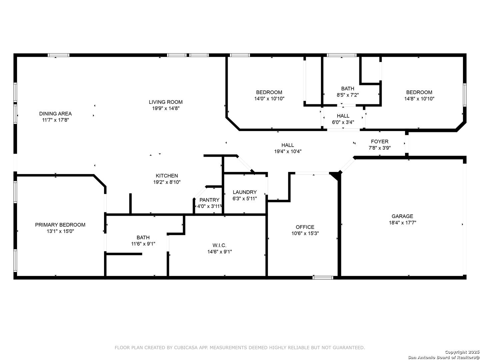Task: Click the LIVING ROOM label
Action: pyautogui.click(x=166, y=102)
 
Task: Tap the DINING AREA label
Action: pyautogui.click(x=55, y=113)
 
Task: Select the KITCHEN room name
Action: pyautogui.click(x=167, y=176)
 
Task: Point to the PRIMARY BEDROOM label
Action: pyautogui.click(x=60, y=225)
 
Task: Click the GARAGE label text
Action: pyautogui.click(x=402, y=216)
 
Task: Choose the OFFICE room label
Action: pyautogui.click(x=305, y=227)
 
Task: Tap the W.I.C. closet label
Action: pyautogui.click(x=219, y=245)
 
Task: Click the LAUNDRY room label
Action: pyautogui.click(x=244, y=192)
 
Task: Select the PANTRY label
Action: pyautogui.click(x=209, y=200)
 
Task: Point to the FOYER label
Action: pyautogui.click(x=380, y=141)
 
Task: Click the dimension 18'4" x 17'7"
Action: pyautogui.click(x=402, y=223)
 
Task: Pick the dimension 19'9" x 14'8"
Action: pyautogui.click(x=166, y=108)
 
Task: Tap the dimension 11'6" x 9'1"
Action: pyautogui.click(x=143, y=244)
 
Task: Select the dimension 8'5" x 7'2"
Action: pyautogui.click(x=348, y=95)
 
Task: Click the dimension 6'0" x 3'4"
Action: pyautogui.click(x=343, y=122)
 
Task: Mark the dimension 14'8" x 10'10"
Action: pyautogui.click(x=419, y=99)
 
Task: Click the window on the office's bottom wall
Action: pyautogui.click(x=323, y=278)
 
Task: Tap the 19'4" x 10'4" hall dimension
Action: pyautogui.click(x=288, y=151)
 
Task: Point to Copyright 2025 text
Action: pyautogui.click(x=462, y=352)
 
